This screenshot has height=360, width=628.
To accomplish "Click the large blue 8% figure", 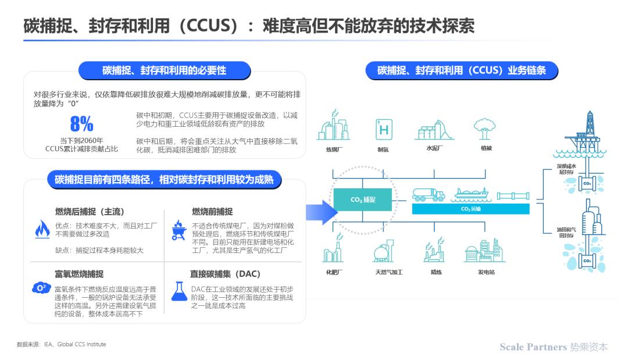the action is [x=82, y=124].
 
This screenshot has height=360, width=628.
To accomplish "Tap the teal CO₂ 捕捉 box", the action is [x=362, y=199].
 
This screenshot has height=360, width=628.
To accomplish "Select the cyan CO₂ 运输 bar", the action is [x=470, y=209].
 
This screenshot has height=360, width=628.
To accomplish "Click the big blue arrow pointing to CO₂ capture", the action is [x=321, y=212].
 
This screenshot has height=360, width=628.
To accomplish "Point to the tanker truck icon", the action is [x=429, y=195].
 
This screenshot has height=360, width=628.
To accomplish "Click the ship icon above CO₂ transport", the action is [x=472, y=195].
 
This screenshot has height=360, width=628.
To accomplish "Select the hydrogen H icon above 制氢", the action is [x=384, y=129].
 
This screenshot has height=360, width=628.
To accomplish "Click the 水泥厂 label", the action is [x=434, y=148].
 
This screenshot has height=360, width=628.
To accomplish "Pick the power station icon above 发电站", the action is [x=484, y=251].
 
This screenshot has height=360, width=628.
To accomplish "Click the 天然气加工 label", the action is [x=388, y=272].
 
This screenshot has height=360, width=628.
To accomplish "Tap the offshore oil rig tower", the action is [x=587, y=134].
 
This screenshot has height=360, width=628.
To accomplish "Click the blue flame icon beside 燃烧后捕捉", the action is [x=42, y=229].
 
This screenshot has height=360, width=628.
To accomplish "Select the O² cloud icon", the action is [x=41, y=288].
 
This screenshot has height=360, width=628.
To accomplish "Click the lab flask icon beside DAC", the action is [x=179, y=291].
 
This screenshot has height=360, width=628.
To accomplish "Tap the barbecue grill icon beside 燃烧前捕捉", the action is [x=179, y=230].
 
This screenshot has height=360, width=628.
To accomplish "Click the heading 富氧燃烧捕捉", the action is [x=79, y=275].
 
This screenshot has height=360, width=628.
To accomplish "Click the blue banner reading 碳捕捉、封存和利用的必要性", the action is [x=165, y=70].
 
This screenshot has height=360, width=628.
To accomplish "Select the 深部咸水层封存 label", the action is [x=566, y=169].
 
